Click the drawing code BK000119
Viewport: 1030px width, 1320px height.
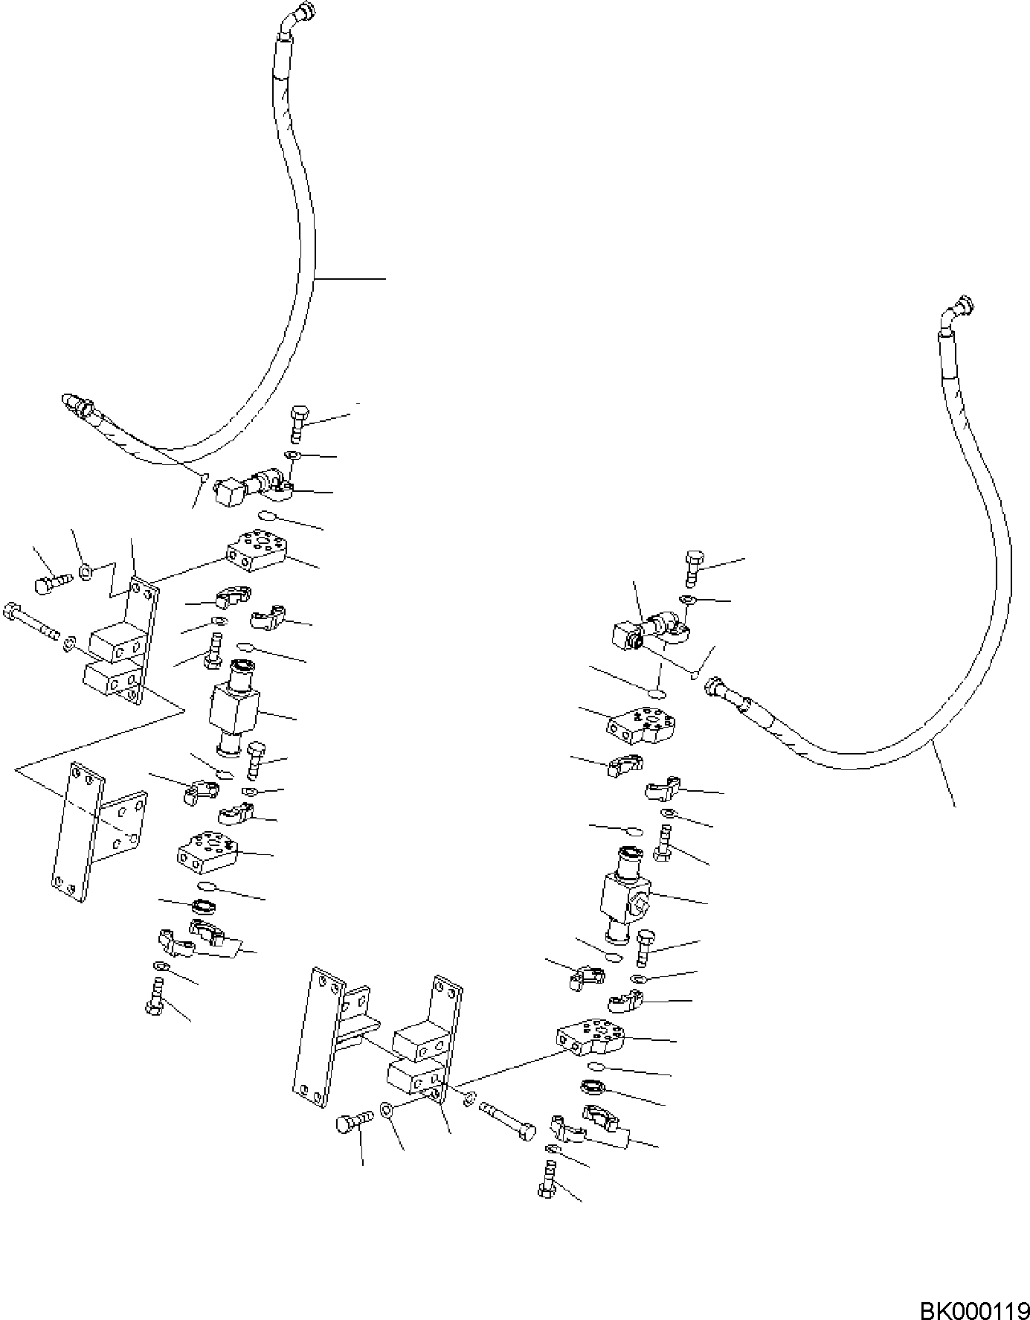coord(973,1307)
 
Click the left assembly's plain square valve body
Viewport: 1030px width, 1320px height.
coord(234,708)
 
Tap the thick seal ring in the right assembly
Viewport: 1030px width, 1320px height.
coord(593,1087)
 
